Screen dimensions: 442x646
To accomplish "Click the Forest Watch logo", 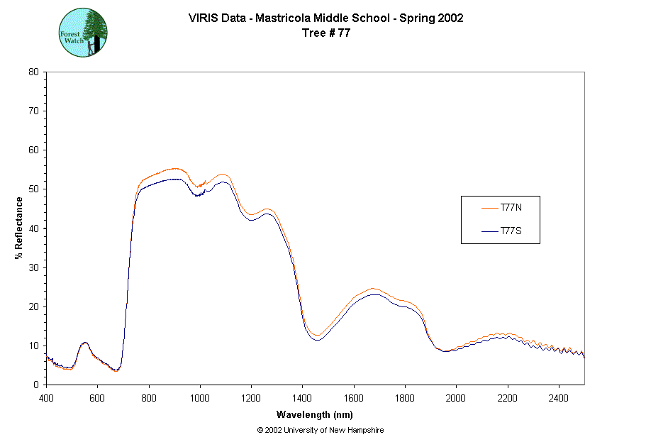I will (x=83, y=33).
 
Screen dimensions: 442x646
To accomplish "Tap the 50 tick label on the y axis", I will (x=33, y=189).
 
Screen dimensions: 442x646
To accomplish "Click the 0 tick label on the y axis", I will (x=36, y=385).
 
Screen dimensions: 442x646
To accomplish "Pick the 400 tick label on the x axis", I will (x=46, y=397).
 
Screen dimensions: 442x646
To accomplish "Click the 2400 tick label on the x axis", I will (x=559, y=397).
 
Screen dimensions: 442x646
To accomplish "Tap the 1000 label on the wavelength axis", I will (x=200, y=397).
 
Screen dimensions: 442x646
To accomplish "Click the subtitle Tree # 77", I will (x=326, y=32).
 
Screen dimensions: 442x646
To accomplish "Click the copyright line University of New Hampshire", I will (x=321, y=430).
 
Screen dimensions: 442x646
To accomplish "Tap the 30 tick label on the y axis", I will (x=33, y=267).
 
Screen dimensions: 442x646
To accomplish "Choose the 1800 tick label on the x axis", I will (x=405, y=397).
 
